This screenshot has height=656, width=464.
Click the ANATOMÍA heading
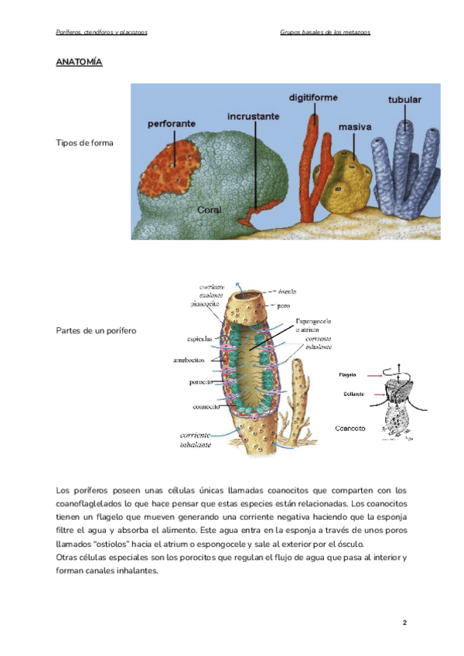[x=79, y=62]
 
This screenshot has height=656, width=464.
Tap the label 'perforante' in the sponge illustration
[x=172, y=123]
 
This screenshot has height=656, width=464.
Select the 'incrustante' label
[x=253, y=116]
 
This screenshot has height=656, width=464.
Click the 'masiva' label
[x=355, y=126]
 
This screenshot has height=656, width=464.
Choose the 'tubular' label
[x=404, y=100]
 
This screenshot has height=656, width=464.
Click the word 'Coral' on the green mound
[x=210, y=210]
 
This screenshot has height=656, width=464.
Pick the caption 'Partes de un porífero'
[x=96, y=330]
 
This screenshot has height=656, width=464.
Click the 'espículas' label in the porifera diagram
[x=200, y=340]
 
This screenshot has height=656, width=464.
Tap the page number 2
[x=404, y=622]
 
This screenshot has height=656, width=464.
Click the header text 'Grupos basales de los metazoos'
[x=325, y=32]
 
